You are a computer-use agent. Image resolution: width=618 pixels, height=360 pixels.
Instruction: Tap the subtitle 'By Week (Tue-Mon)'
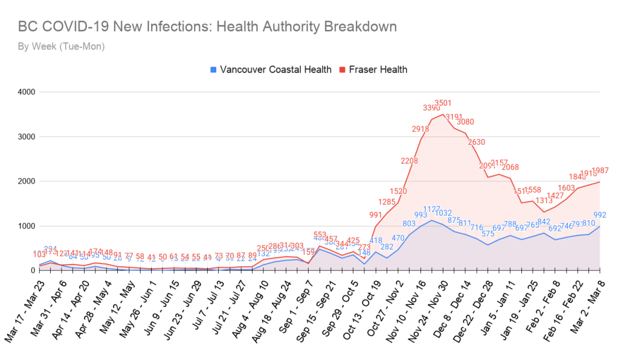[x=62, y=46]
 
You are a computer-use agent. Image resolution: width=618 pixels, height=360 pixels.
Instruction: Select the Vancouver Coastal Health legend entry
[x=271, y=69]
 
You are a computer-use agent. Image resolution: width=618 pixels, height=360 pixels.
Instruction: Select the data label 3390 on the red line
[x=431, y=108]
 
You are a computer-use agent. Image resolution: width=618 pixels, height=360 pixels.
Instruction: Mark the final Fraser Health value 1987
[x=600, y=170]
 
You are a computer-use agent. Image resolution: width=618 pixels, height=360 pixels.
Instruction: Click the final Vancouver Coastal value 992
[x=600, y=214]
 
